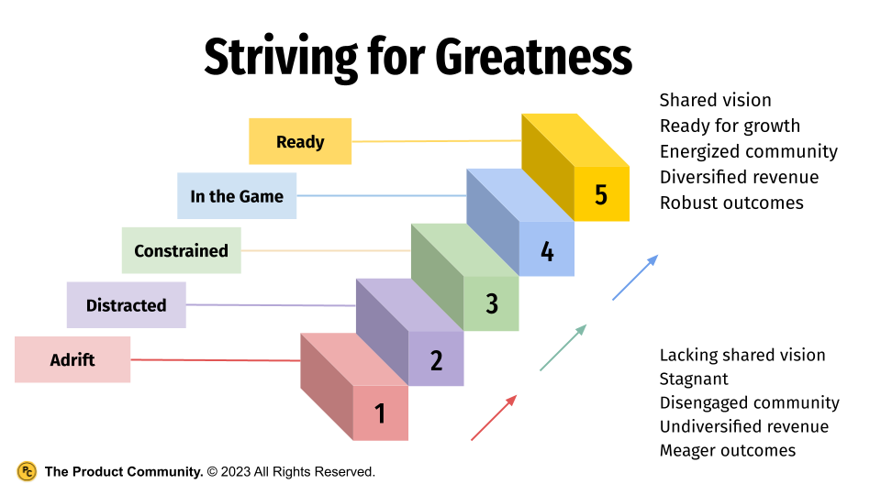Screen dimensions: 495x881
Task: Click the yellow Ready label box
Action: [x=300, y=141]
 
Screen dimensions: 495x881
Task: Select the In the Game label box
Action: [x=237, y=196]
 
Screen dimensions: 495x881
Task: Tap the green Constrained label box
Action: [x=181, y=250]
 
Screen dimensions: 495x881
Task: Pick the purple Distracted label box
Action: [x=126, y=305]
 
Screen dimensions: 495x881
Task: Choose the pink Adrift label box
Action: [x=72, y=359]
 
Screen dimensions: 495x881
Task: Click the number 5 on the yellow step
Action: [x=601, y=195]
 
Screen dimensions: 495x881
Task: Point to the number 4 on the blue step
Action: [x=547, y=251]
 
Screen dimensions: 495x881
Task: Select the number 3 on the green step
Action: [x=492, y=304]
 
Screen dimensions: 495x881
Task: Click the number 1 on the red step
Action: [x=380, y=414]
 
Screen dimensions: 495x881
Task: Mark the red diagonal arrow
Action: [x=494, y=418]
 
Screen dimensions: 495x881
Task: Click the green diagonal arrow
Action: [x=563, y=347]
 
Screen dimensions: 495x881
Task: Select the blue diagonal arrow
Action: [x=635, y=278]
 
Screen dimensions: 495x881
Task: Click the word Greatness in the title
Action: [x=533, y=58]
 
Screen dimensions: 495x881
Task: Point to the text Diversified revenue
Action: [x=739, y=177]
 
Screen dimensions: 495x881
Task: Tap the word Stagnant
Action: [x=694, y=379]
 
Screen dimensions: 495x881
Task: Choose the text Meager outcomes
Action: [x=728, y=450]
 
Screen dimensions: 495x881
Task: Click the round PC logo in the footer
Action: [x=27, y=471]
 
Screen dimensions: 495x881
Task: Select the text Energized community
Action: [x=748, y=151]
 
